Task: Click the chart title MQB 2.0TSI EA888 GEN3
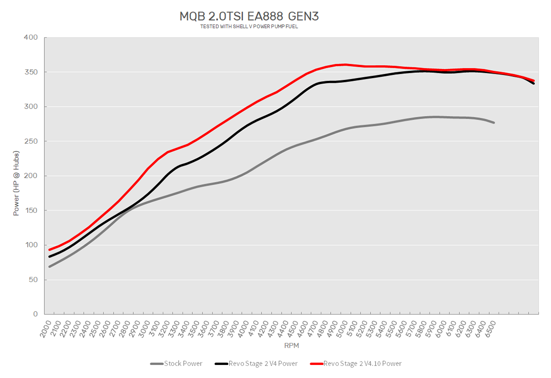[x=249, y=16]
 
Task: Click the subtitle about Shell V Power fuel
[x=249, y=27]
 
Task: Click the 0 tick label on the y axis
[x=35, y=314]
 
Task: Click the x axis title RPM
[x=291, y=346]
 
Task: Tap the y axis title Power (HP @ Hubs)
[x=16, y=176]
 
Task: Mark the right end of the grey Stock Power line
[x=494, y=123]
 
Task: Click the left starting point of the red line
[x=50, y=249]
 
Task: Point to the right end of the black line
[x=534, y=83]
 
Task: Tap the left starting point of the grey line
[x=50, y=267]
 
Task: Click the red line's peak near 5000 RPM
[x=345, y=65]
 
